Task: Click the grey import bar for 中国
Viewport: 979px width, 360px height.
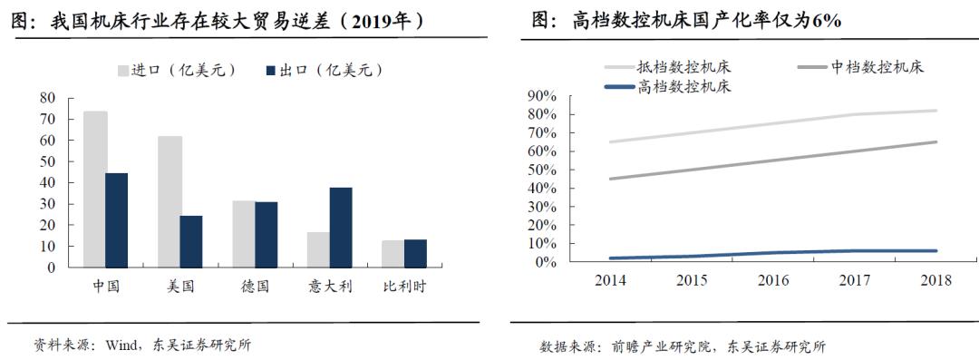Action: [x=95, y=190]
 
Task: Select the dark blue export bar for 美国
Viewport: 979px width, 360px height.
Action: [x=191, y=241]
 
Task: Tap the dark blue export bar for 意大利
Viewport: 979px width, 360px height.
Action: [x=341, y=228]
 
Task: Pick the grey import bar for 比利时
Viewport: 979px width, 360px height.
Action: [x=392, y=254]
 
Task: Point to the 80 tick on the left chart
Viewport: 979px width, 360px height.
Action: [x=47, y=98]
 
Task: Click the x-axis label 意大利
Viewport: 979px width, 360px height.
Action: [x=329, y=287]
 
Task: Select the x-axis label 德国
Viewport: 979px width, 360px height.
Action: [x=255, y=287]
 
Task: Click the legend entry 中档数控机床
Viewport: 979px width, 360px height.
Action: [x=877, y=67]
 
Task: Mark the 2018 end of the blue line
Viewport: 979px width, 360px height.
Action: [x=935, y=250]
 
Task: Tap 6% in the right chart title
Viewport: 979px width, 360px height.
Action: [x=827, y=20]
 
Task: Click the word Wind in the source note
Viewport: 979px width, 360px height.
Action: [x=121, y=345]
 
